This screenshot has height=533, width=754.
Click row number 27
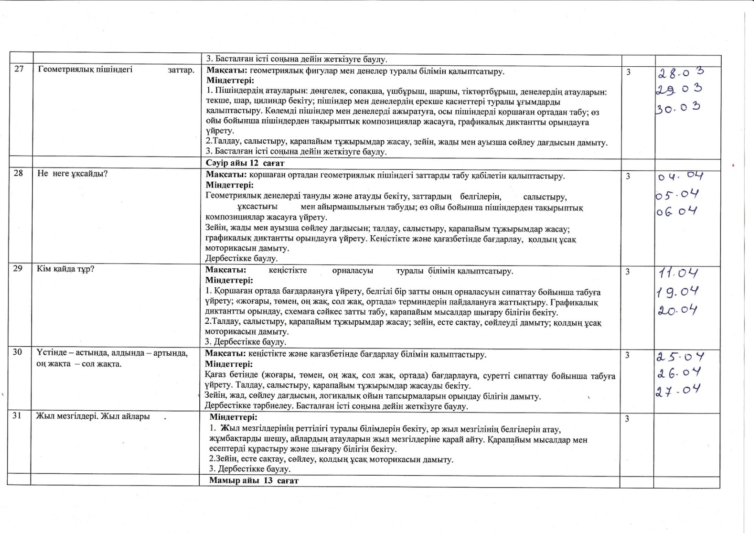click(19, 70)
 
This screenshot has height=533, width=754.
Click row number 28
click(18, 173)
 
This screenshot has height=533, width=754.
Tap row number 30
click(17, 352)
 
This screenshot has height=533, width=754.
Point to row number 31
click(17, 416)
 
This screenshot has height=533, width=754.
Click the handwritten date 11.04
click(678, 273)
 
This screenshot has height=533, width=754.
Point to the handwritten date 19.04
click(677, 292)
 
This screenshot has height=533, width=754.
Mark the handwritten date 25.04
click(680, 357)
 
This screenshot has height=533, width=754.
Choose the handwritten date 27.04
click(678, 391)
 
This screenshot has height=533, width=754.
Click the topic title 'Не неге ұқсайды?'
click(73, 173)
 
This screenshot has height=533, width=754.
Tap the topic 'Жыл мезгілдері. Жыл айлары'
click(93, 416)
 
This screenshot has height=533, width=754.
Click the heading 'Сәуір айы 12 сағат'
click(245, 163)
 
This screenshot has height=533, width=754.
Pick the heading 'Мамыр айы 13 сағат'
click(254, 481)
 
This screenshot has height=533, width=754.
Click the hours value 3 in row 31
click(627, 419)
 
